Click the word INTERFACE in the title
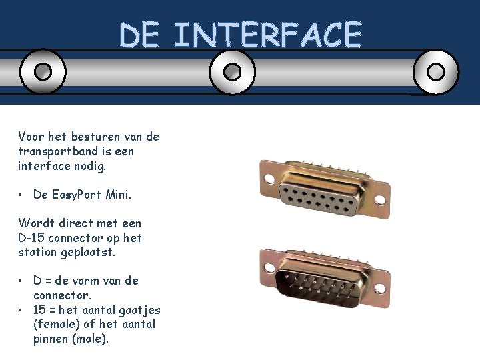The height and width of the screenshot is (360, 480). [x=268, y=34]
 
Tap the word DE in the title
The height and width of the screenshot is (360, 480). [x=139, y=34]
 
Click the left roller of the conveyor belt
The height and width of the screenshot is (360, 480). [x=43, y=71]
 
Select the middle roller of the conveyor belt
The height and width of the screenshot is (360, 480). [x=233, y=72]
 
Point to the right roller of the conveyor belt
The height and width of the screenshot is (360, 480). [x=436, y=72]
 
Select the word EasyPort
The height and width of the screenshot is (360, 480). [x=77, y=195]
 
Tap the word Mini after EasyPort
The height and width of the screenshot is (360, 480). [x=119, y=195]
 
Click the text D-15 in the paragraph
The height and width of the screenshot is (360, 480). [x=31, y=237]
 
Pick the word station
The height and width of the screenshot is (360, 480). [x=37, y=252]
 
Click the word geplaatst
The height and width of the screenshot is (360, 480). [x=88, y=253]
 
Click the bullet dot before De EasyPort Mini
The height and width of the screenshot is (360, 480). [x=20, y=195]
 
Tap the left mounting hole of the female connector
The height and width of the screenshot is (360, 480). [x=269, y=179]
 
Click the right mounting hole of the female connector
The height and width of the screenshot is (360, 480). [x=380, y=200]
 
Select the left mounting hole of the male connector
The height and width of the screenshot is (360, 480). [x=269, y=267]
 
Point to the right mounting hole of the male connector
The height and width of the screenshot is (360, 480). [x=380, y=289]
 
